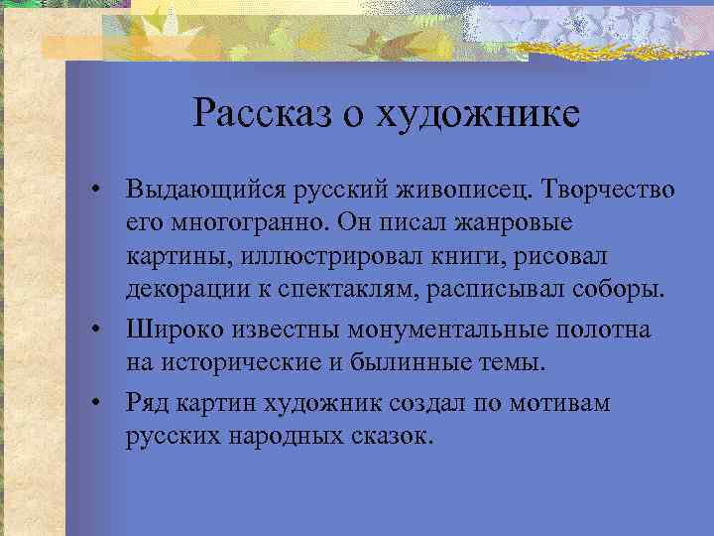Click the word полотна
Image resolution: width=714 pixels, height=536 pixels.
(x=605, y=329)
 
